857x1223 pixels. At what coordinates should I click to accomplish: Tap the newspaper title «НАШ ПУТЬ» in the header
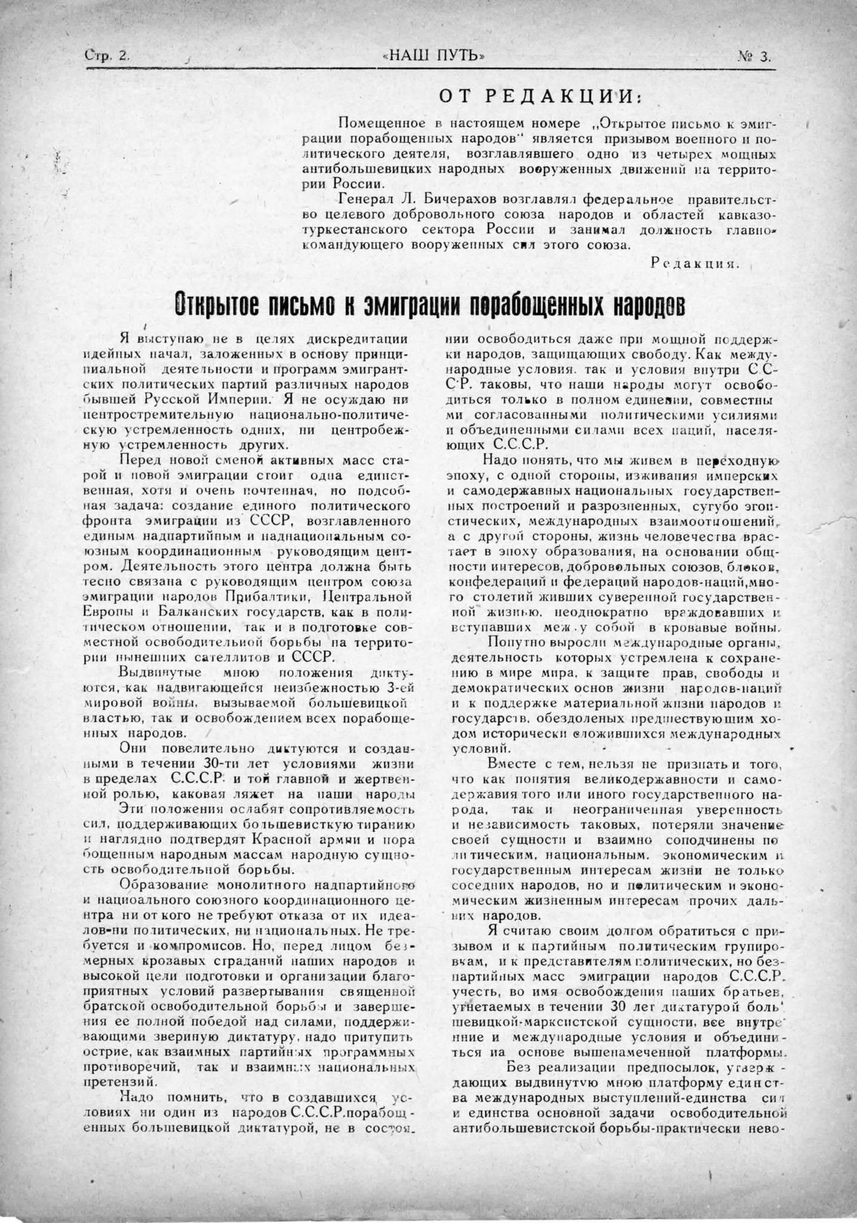pos(433,56)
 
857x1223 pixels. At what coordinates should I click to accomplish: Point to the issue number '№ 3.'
pos(754,57)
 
